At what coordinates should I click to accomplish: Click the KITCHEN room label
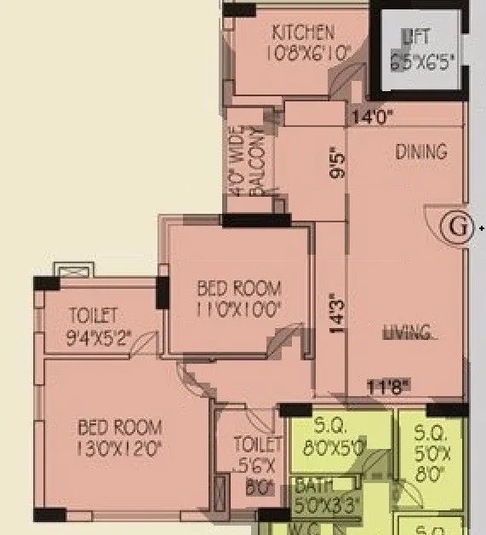(x=302, y=33)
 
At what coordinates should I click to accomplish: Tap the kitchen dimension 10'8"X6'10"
(x=302, y=52)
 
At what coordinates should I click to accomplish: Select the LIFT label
(x=417, y=37)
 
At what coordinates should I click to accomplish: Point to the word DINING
(x=420, y=152)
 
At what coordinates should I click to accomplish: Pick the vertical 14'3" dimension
(x=336, y=314)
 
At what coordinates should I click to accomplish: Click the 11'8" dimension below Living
(x=388, y=386)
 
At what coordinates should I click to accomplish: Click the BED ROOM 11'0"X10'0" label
(x=238, y=298)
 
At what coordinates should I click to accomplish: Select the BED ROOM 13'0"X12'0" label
(x=119, y=436)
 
